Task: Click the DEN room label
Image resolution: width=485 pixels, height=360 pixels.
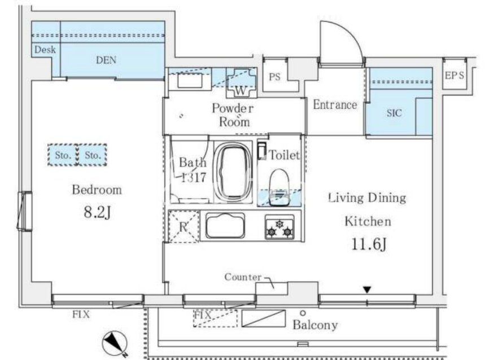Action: click(x=106, y=60)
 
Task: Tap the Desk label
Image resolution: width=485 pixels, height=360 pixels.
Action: click(x=45, y=49)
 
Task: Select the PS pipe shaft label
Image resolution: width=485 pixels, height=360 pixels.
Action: click(x=274, y=77)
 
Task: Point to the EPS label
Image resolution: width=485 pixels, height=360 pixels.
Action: click(x=455, y=75)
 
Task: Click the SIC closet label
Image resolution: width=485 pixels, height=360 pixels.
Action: click(x=394, y=113)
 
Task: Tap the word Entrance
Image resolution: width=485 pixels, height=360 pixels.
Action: click(x=335, y=104)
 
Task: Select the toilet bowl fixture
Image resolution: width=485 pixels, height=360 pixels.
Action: click(x=279, y=187)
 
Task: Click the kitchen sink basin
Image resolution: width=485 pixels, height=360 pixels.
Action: click(x=225, y=226)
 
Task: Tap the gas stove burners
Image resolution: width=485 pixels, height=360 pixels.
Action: click(x=279, y=227)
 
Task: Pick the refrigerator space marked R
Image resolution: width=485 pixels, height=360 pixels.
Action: click(x=183, y=226)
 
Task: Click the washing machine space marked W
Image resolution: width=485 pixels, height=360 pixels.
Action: click(x=241, y=82)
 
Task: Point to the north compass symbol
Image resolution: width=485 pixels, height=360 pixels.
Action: click(x=115, y=343)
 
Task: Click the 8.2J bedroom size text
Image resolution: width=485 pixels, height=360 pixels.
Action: click(x=97, y=212)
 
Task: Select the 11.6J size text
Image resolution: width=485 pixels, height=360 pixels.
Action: click(x=369, y=244)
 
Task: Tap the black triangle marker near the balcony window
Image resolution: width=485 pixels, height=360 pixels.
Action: click(x=367, y=290)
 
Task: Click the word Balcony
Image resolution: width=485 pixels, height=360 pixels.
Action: click(x=315, y=325)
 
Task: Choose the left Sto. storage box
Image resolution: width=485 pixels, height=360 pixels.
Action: click(x=63, y=155)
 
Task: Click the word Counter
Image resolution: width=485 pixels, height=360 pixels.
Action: click(x=243, y=277)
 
